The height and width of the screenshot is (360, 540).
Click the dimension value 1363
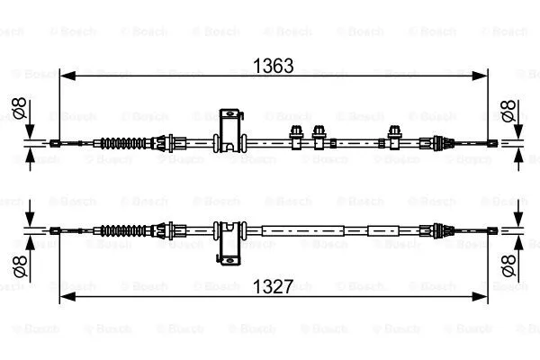click(273, 66)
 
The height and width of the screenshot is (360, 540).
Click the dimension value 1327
click(273, 286)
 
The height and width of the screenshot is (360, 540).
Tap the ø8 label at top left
click(19, 108)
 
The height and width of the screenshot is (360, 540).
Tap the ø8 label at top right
click(508, 111)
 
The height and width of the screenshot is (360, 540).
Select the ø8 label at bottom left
click(20, 266)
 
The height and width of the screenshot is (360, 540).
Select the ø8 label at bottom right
click(509, 265)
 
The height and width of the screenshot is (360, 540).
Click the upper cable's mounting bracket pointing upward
click(230, 130)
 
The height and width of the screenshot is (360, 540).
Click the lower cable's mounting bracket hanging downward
click(229, 243)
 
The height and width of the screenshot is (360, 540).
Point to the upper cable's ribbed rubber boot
click(123, 143)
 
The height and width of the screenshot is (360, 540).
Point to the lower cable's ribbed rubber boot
click(123, 230)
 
